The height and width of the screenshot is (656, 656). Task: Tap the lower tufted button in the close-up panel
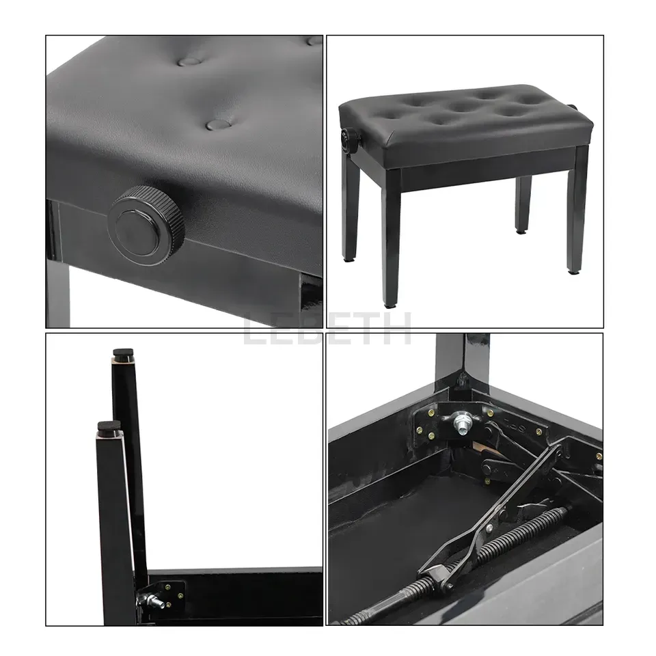tap(219, 124)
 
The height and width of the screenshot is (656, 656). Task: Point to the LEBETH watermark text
tap(327, 329)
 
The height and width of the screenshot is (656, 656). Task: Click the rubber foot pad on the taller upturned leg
tap(124, 353)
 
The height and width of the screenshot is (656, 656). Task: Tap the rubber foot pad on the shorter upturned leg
tap(109, 426)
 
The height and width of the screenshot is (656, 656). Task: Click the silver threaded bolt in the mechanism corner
tap(463, 424)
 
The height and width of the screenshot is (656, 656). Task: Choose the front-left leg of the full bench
tap(393, 238)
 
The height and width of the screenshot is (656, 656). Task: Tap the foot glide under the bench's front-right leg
tap(571, 271)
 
